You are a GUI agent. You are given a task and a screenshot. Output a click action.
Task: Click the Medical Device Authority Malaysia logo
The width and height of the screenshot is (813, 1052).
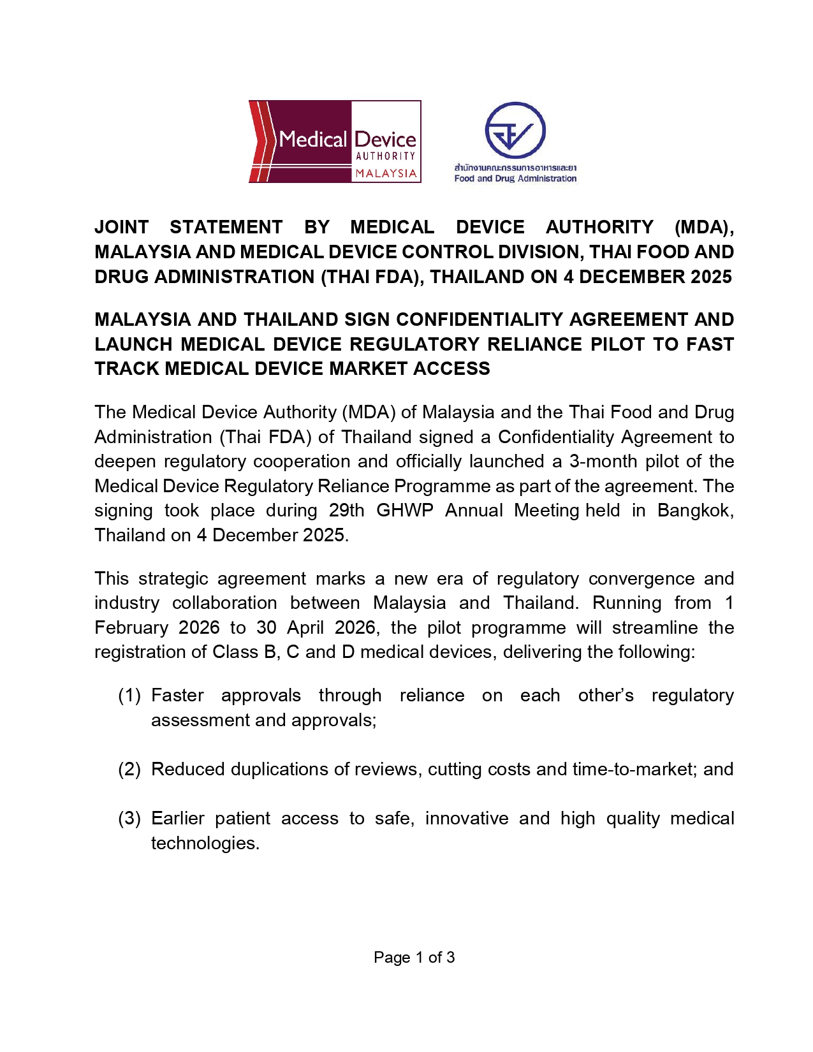click(334, 141)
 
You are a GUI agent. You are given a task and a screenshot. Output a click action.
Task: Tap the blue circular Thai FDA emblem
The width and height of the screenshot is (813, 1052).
click(515, 130)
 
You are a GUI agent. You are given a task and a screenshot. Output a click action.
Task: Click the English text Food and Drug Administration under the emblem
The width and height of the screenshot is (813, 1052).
click(515, 179)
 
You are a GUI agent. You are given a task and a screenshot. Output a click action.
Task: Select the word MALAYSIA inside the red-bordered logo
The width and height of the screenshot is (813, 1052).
click(386, 173)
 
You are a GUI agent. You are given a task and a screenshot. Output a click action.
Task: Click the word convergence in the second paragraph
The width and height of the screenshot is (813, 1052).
click(641, 578)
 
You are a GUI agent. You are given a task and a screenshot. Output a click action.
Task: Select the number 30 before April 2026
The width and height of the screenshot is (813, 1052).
click(266, 627)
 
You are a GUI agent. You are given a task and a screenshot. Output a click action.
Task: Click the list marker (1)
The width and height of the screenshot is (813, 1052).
click(129, 695)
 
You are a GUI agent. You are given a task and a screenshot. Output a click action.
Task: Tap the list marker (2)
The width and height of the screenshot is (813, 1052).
click(129, 769)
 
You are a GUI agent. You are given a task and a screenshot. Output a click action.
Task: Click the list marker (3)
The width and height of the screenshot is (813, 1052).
click(129, 818)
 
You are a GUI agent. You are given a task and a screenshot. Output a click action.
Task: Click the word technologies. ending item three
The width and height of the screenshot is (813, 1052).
click(205, 843)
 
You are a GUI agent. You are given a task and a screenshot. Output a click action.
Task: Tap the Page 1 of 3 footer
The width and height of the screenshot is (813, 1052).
click(414, 957)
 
